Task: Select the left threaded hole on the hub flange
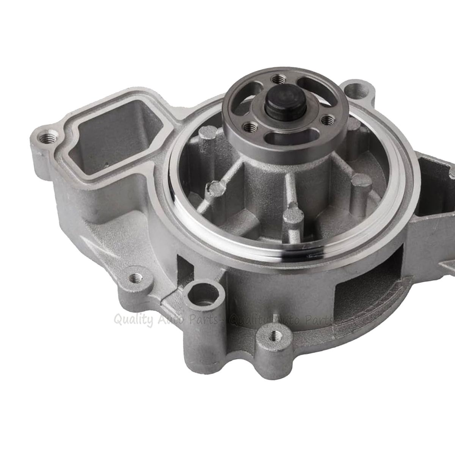(x=249, y=127)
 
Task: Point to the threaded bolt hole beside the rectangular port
(x=49, y=137)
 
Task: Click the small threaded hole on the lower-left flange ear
(x=136, y=278)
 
